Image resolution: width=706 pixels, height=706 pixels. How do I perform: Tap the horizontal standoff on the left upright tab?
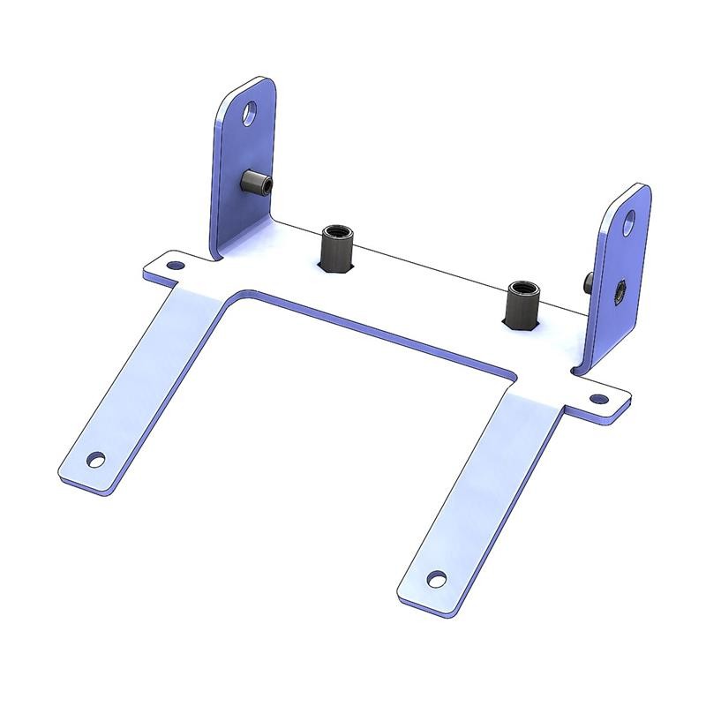tap(256, 184)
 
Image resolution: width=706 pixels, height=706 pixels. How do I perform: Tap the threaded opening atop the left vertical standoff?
tap(335, 231)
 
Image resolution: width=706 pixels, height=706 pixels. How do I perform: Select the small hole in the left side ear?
tap(175, 264)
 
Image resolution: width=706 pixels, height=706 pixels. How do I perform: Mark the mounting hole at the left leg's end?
tap(96, 460)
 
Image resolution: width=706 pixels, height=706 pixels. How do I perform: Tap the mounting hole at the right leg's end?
tap(435, 578)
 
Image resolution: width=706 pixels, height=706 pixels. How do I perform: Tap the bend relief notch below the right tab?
tap(575, 370)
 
